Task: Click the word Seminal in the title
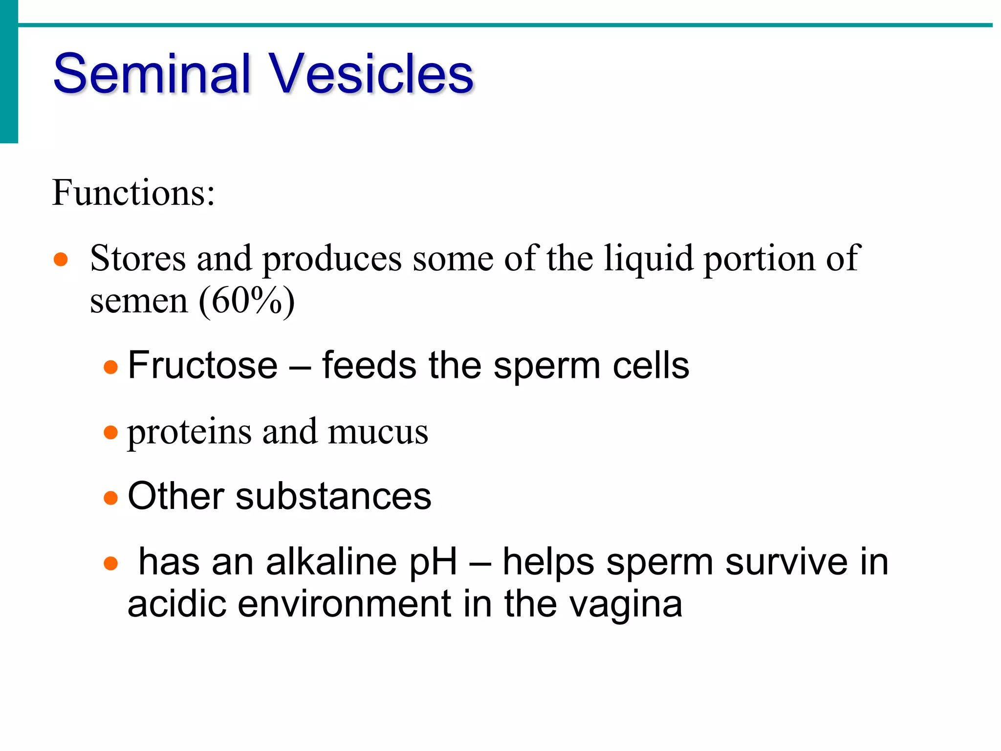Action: tap(152, 74)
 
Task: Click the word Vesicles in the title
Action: tap(371, 74)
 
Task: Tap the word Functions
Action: tap(133, 193)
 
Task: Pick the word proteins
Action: tap(189, 433)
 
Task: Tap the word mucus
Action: tap(378, 433)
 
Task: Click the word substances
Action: tap(333, 496)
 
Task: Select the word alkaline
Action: tap(331, 562)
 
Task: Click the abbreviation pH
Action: tap(433, 562)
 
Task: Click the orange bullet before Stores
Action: tap(61, 259)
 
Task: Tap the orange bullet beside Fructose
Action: tap(111, 367)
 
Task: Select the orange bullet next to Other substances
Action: tap(111, 498)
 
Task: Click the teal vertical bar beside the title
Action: tap(9, 71)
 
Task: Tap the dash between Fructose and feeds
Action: tap(300, 367)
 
